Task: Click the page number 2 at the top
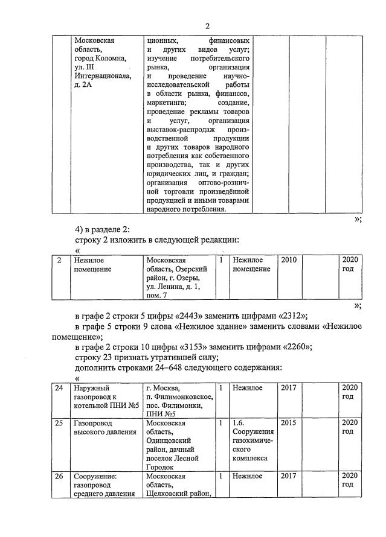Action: (207, 25)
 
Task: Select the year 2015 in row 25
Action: (289, 424)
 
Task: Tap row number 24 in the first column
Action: (59, 387)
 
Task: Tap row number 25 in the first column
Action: (59, 424)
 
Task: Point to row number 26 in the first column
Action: (59, 477)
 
